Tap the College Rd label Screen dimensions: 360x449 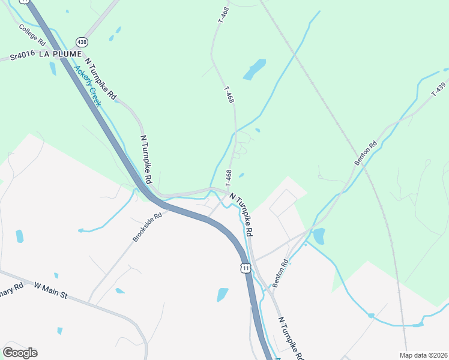(32, 36)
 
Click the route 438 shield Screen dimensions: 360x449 (82, 42)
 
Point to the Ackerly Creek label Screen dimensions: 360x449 (88, 85)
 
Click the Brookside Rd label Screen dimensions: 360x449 (148, 227)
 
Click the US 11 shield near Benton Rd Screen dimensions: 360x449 (245, 268)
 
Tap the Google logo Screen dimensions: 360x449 (20, 352)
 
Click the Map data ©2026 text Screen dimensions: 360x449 (423, 355)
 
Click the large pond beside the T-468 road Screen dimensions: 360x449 (255, 69)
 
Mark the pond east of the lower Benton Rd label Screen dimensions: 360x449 (318, 236)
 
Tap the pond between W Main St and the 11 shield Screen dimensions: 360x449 (223, 294)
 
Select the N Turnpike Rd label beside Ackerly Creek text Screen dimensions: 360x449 (101, 78)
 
